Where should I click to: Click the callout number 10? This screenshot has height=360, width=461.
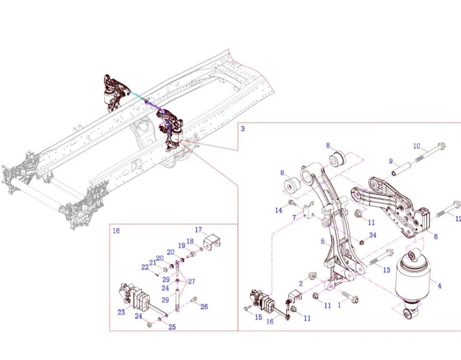coord(417,146)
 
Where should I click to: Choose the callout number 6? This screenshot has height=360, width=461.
coord(436,237)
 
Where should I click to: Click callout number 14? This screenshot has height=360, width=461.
coord(279,210)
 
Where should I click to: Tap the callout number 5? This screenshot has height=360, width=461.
coord(323,241)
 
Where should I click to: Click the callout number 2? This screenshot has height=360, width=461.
coord(301,283)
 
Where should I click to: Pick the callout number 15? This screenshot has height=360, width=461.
coord(258,317)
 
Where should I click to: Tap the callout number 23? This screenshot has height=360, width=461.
coord(121,312)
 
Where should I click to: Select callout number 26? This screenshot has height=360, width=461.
coord(204,307)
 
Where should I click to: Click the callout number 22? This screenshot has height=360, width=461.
coord(145,267)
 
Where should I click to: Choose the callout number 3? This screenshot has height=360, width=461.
coord(243,129)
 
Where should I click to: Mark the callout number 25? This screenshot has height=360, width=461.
coord(172,327)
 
